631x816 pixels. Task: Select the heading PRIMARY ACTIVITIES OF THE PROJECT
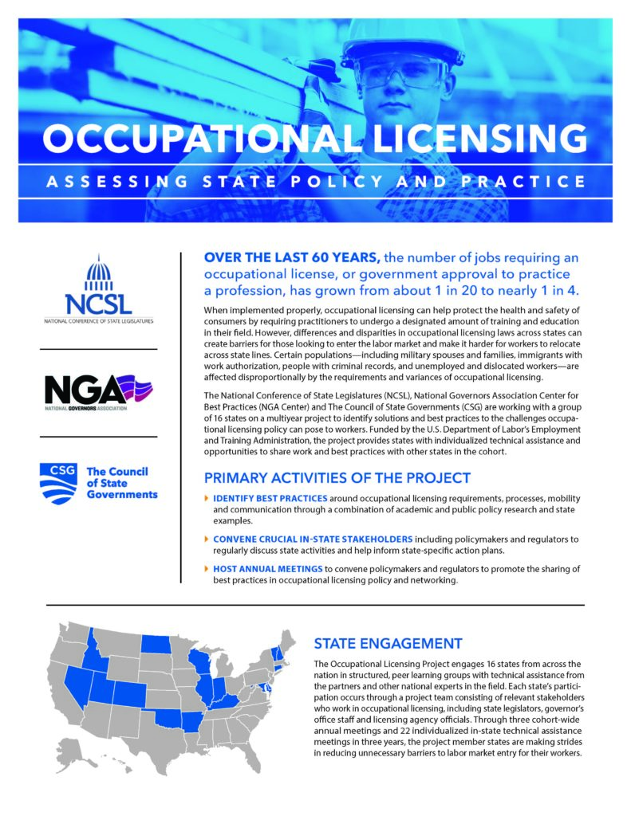(x=337, y=478)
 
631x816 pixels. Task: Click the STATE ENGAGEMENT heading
(x=388, y=643)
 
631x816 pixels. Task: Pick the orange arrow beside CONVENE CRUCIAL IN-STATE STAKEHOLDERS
(x=207, y=538)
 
